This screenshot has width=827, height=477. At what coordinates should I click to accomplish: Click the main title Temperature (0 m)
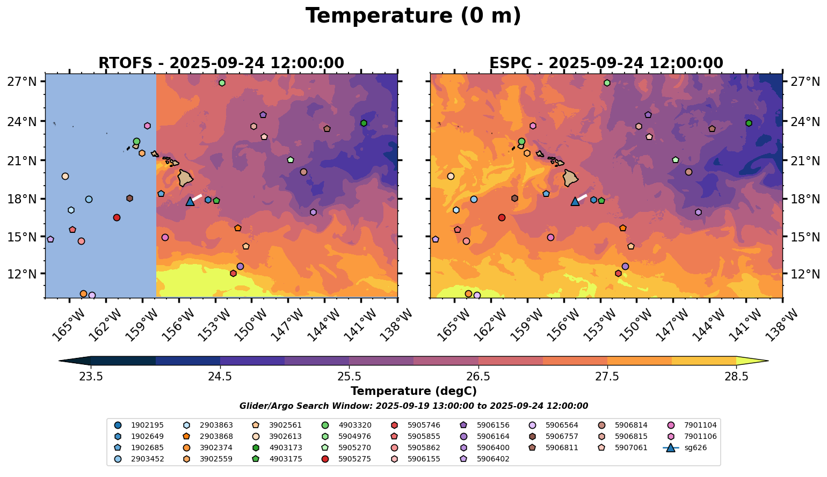413,16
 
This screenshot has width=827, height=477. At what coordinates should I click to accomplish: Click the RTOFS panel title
221,63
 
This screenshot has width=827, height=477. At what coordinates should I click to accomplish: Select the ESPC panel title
606,63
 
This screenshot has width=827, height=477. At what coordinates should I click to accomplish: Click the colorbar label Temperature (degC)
413,391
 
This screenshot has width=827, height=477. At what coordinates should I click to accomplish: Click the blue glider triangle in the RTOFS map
190,201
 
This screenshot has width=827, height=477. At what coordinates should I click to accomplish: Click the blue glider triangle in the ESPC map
575,201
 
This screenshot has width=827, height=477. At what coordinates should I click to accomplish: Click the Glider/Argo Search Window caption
413,406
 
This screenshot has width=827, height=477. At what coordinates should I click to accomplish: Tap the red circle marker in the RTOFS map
117,217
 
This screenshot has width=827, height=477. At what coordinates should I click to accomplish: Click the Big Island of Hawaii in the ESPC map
571,178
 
